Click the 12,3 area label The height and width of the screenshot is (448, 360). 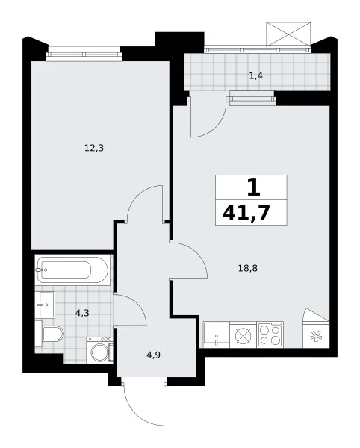coord(94,149)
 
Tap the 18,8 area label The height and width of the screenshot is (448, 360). coord(248,268)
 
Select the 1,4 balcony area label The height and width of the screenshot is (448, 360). coord(255,76)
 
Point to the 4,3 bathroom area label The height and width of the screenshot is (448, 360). coord(82,313)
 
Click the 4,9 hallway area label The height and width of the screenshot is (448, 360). coord(153,355)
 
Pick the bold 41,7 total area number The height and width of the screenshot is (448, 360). coord(246,213)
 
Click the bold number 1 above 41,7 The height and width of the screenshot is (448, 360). coord(254,188)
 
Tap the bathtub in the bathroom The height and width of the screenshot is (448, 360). coord(73,270)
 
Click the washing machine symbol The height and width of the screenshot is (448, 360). coord(100,351)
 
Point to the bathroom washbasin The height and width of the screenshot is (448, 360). coord(45,305)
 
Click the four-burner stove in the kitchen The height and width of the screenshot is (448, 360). coord(270,335)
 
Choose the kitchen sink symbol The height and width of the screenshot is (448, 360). coord(217,335)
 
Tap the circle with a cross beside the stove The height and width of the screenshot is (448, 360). coord(243,335)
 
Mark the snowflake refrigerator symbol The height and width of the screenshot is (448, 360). coord(316,336)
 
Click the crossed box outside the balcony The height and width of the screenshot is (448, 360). coord(288,34)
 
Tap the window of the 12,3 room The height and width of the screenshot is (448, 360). coord(84,54)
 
